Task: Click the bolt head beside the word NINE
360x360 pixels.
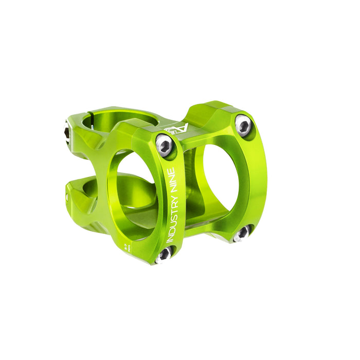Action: (165, 145)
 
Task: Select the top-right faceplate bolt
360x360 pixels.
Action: (243, 124)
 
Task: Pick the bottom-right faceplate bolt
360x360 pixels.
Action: (241, 234)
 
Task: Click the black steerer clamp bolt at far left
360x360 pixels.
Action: (66, 132)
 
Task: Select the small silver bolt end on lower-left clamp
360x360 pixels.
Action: (67, 197)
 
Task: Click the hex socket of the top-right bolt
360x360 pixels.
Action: (243, 124)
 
